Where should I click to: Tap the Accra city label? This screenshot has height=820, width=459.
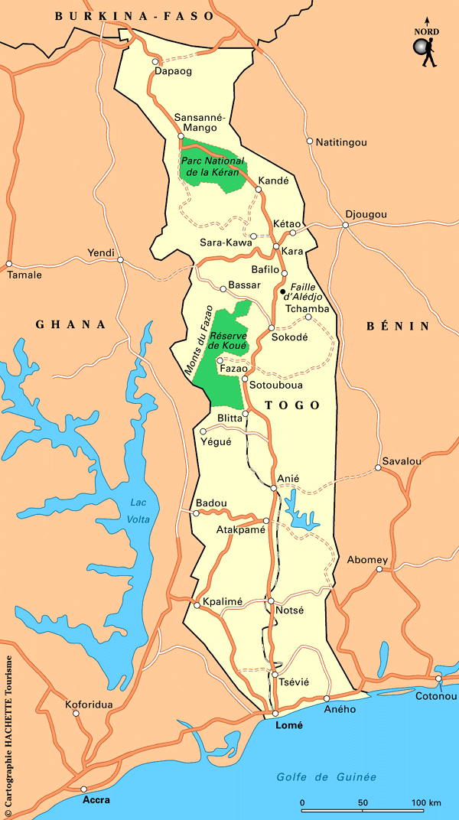[x=96, y=800]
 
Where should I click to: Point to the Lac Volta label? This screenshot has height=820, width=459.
[x=138, y=510]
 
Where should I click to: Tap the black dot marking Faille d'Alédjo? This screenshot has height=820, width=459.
[x=282, y=291]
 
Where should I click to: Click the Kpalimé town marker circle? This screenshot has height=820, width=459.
[x=197, y=603]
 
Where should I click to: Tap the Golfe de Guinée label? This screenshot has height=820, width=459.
[x=327, y=777]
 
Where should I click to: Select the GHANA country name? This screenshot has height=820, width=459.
[x=70, y=324]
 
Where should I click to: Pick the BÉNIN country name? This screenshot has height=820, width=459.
[x=398, y=326]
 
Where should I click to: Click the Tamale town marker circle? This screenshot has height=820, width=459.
[x=9, y=264]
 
